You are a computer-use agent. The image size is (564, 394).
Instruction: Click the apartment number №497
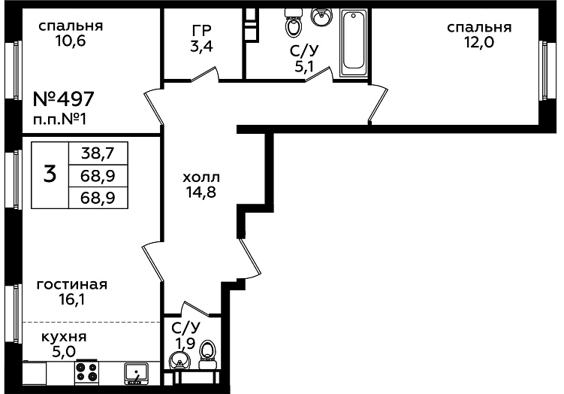(64, 98)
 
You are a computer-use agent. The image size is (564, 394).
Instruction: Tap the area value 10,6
(71, 41)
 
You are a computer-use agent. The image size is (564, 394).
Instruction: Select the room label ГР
(201, 31)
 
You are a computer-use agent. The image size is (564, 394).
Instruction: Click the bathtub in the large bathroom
(354, 43)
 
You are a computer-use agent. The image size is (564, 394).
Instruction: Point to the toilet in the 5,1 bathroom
(294, 23)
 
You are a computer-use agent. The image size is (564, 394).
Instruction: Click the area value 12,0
(479, 43)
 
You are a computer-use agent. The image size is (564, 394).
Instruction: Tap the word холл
(201, 177)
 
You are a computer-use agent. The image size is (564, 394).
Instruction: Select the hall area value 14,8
(201, 192)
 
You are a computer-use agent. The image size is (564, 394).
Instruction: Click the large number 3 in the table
(50, 174)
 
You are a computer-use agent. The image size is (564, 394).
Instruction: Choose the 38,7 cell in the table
(98, 153)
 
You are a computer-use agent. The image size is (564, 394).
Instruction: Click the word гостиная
(72, 284)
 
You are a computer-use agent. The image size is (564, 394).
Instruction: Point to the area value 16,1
(72, 299)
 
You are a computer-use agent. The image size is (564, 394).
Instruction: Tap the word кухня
(64, 337)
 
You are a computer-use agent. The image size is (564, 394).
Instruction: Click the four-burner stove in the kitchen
(86, 372)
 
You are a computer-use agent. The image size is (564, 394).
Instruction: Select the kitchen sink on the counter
(137, 374)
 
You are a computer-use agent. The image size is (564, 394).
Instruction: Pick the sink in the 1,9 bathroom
(179, 361)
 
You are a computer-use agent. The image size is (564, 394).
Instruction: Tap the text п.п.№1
(60, 120)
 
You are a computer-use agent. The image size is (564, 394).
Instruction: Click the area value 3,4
(201, 47)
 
